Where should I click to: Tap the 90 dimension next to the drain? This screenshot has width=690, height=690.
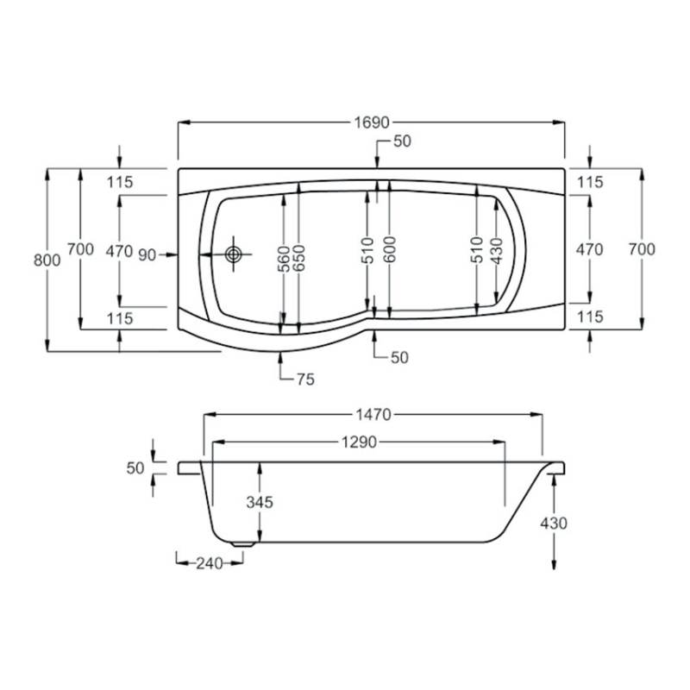click(146, 254)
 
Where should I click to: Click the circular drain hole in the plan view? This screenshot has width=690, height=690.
click(233, 254)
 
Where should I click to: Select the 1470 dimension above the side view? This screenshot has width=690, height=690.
click(373, 415)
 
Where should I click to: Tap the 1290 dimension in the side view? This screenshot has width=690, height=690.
click(357, 442)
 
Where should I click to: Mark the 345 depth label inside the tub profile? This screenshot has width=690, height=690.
click(259, 502)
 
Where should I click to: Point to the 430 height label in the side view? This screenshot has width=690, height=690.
click(553, 523)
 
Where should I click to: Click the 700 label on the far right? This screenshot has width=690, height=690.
click(643, 249)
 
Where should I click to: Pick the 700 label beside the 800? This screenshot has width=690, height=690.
click(79, 249)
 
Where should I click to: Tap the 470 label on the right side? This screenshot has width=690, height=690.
click(589, 250)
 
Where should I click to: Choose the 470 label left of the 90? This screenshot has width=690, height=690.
click(117, 251)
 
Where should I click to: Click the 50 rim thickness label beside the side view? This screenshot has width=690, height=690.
click(135, 467)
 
